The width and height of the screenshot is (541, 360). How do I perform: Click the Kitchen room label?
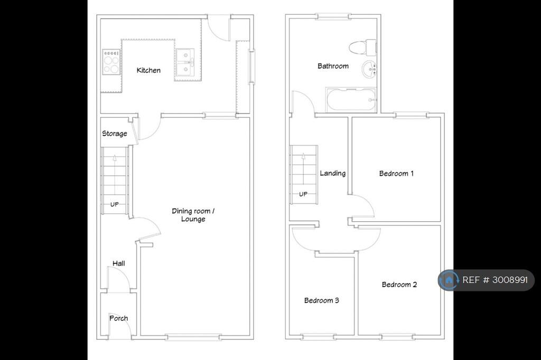[x=148, y=70]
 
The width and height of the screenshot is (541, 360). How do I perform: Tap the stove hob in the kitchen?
[x=111, y=62]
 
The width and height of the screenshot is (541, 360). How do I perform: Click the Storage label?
[x=115, y=134]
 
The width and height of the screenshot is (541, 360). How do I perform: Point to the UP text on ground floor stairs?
[x=115, y=204]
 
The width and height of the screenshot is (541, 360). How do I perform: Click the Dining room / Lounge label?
[x=193, y=215]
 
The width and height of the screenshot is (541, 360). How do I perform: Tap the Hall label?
[x=119, y=263]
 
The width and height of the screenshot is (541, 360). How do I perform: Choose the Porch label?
[x=119, y=318]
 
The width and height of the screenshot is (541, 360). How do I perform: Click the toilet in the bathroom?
[x=362, y=47]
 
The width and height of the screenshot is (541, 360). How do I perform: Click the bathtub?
[x=351, y=100]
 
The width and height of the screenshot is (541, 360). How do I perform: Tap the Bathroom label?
[x=333, y=66]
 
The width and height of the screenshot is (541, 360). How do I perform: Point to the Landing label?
[x=333, y=173]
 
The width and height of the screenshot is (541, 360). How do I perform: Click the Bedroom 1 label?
[x=396, y=174]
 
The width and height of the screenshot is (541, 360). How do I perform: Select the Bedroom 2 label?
[x=399, y=285]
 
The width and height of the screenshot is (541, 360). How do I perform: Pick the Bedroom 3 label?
[x=322, y=300]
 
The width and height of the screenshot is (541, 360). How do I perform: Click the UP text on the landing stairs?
[x=303, y=194]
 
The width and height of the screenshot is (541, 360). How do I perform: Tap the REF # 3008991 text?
[x=495, y=280]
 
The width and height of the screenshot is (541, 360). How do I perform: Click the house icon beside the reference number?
[x=449, y=280]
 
